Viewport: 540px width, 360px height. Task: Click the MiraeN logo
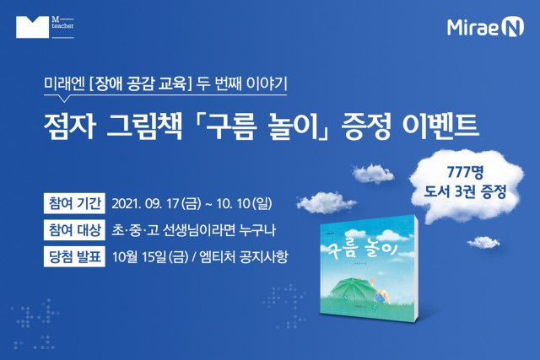tap(485, 27)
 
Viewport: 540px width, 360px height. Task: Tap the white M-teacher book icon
tap(32, 27)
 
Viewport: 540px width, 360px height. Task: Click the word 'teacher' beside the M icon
tap(62, 26)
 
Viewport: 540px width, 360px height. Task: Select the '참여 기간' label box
tap(74, 203)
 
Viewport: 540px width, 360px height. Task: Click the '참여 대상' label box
tap(74, 230)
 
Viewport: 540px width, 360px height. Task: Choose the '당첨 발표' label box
tap(74, 256)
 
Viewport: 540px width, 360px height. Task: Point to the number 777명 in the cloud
tap(465, 172)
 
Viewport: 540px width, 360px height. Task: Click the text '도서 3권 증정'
tap(465, 191)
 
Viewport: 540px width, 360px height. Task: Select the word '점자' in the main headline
tap(69, 126)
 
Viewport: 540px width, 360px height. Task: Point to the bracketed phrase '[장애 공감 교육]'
tap(140, 84)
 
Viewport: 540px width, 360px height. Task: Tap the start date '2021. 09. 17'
tap(144, 203)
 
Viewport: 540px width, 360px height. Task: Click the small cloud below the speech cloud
tap(483, 243)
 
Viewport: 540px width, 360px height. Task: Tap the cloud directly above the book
tap(326, 203)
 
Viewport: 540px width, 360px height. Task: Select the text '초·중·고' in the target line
tap(135, 230)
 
